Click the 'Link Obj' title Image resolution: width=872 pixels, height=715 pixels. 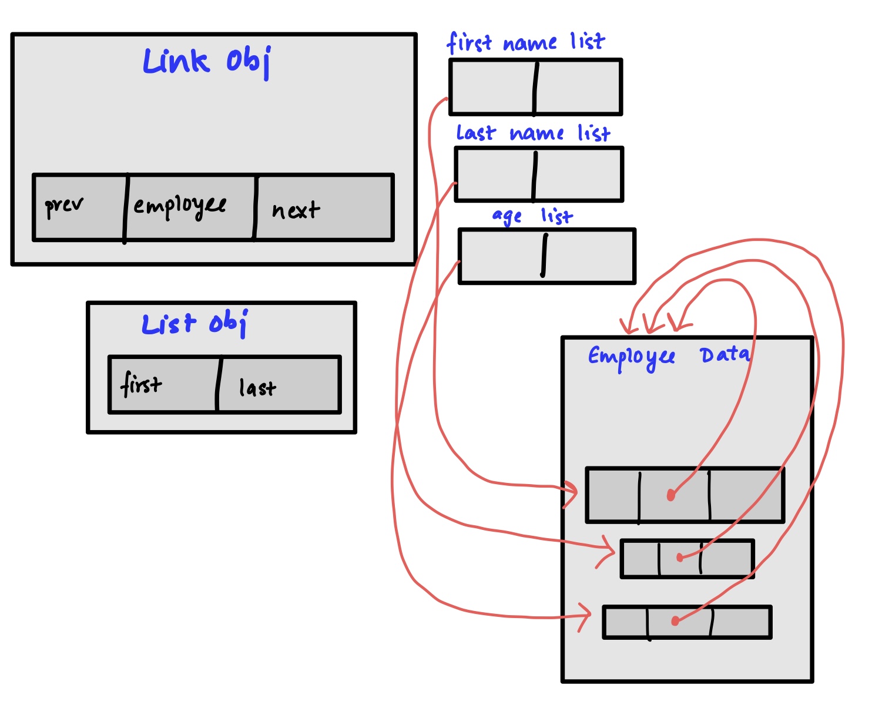(207, 62)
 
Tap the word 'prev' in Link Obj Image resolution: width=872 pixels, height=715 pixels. (64, 206)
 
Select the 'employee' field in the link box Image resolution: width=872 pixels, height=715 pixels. (180, 206)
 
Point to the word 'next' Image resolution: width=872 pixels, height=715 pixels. (296, 210)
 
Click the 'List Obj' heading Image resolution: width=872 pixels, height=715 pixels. (194, 324)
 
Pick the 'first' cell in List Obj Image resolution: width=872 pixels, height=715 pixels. (141, 385)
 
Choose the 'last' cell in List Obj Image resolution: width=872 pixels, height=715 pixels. (257, 388)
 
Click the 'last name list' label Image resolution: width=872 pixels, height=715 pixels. (533, 133)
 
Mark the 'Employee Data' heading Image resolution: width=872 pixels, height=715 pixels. (669, 356)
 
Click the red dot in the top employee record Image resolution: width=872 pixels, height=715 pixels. (671, 496)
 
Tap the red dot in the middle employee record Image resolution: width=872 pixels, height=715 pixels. (680, 558)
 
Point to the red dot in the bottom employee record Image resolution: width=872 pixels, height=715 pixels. (675, 621)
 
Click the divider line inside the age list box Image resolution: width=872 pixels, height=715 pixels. (544, 256)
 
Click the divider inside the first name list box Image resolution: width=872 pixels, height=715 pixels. (535, 88)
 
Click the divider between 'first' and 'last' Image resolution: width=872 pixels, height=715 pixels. (219, 385)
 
